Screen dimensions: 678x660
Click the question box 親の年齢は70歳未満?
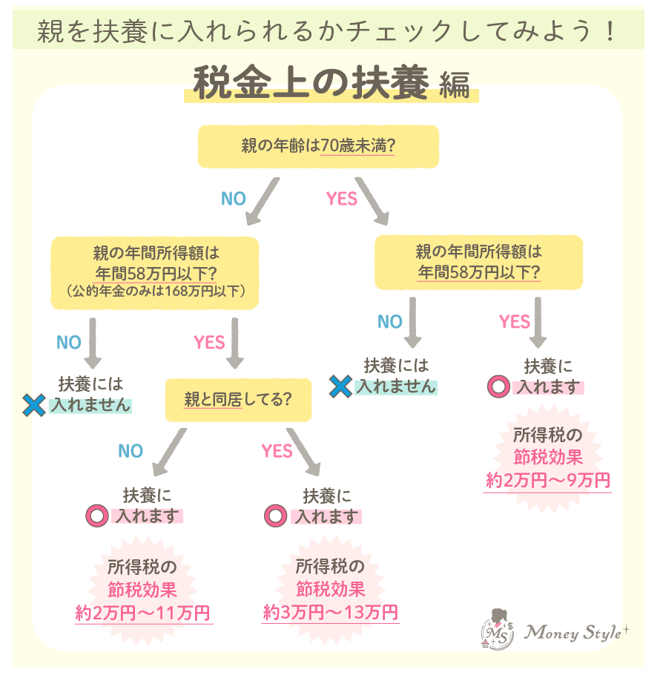317,146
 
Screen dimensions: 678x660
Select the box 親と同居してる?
237,400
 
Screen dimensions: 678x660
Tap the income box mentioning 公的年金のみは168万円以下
154,272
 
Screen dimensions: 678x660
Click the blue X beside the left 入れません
35,405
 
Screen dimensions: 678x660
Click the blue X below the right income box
340,386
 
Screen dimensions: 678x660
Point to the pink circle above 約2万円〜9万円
498,386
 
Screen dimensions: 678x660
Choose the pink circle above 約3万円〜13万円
275,516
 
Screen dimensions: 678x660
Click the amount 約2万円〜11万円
143,614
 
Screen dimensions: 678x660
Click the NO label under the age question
233,199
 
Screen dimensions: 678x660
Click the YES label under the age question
342,199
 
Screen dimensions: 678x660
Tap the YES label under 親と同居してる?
277,451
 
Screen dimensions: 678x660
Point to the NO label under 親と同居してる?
131,451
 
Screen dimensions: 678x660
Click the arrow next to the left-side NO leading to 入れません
92,343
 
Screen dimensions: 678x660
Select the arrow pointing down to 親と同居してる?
234,343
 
